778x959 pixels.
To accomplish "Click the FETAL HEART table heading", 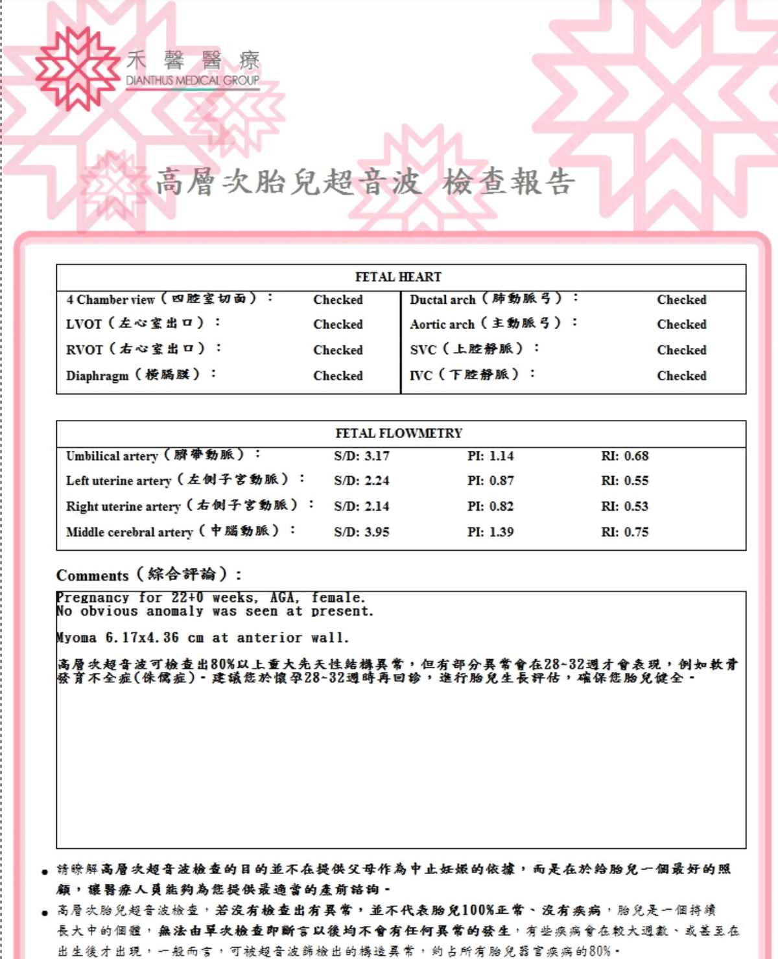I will pos(398,277).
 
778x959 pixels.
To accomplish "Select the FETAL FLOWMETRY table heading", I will pos(399,433).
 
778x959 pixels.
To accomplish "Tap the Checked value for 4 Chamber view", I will pos(338,299).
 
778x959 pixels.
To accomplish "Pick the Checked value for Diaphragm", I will pos(338,376).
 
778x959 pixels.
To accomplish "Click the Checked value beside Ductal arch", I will pos(681,299).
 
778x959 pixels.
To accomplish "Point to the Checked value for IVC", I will pos(681,376).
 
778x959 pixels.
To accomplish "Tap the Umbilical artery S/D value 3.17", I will pos(362,456).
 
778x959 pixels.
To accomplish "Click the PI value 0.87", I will pos(491,481).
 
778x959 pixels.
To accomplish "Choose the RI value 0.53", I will pos(624,507).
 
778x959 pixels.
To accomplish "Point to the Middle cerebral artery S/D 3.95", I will pos(362,532).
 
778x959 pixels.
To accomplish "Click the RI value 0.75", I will pos(624,532).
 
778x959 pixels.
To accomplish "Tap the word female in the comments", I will pos(338,597).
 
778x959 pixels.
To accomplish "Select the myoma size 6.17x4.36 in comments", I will pos(142,638).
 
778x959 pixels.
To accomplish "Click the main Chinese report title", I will pos(365,182).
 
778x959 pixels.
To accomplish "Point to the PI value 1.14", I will pos(491,456).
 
